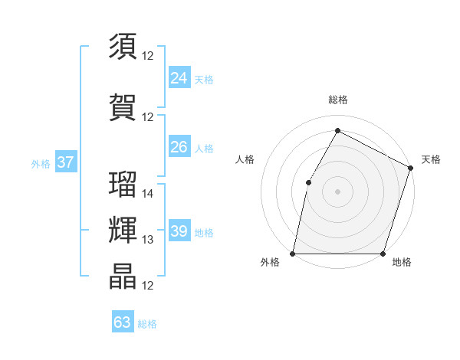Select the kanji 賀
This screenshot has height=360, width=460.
[123, 107]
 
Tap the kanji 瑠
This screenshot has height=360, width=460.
[123, 184]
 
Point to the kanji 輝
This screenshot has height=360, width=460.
[123, 231]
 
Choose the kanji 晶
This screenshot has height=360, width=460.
[123, 277]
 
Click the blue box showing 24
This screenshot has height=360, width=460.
[179, 78]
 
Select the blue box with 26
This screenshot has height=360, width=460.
[179, 147]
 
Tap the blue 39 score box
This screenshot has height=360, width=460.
[179, 231]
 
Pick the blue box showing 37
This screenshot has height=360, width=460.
[66, 162]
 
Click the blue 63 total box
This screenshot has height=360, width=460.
[123, 322]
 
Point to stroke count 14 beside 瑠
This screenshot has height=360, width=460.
[148, 194]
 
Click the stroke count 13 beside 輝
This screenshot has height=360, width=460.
[148, 240]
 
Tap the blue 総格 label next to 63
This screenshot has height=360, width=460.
[147, 324]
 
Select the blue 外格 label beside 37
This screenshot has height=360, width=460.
[41, 163]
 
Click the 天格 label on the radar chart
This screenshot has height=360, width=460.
[431, 159]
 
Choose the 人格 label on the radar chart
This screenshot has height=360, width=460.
[245, 159]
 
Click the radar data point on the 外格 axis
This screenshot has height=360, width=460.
[293, 254]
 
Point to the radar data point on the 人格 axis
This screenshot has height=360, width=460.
[308, 182]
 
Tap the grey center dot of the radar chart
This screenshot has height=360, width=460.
[337, 191]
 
